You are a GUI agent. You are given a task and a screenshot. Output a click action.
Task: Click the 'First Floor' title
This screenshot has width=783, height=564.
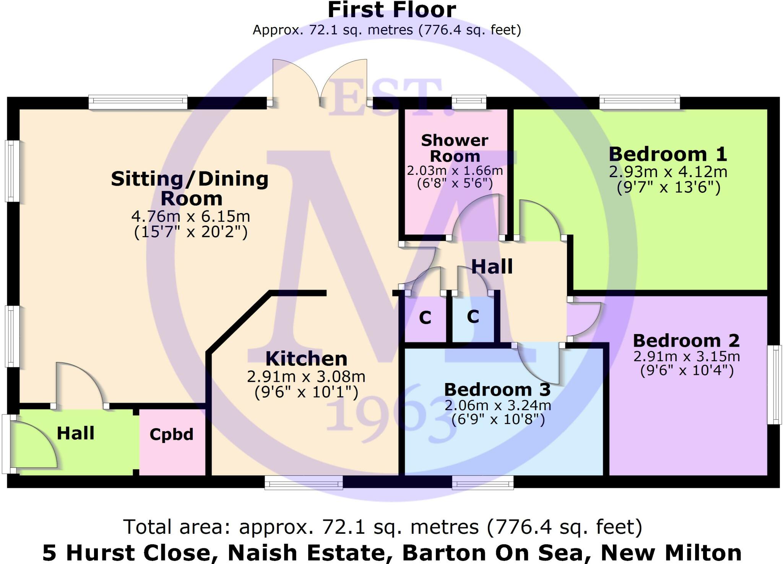click(x=391, y=10)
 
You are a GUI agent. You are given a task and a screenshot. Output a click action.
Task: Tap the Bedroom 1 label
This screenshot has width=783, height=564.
click(x=668, y=154)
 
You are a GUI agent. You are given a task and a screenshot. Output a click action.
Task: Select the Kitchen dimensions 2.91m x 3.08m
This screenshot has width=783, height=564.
click(x=306, y=377)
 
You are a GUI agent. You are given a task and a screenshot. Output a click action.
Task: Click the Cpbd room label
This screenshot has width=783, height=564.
click(x=171, y=434)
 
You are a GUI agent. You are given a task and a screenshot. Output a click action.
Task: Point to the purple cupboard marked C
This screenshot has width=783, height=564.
click(x=425, y=318)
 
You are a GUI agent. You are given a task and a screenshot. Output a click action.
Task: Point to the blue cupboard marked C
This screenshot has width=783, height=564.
click(x=473, y=317)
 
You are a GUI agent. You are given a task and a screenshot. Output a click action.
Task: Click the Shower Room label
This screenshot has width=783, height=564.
click(x=455, y=148)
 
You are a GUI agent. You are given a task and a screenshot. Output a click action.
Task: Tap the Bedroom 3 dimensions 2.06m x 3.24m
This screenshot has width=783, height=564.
click(x=497, y=405)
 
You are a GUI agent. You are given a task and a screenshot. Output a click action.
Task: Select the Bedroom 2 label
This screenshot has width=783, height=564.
click(x=686, y=341)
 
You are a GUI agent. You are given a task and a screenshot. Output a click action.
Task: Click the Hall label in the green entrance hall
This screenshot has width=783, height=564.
click(x=75, y=434)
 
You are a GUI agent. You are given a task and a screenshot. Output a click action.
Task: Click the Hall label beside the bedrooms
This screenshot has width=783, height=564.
click(x=492, y=267)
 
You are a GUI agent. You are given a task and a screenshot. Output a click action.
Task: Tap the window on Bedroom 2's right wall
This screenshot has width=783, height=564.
click(x=775, y=385)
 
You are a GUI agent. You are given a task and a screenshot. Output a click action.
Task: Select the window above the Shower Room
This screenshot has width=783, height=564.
click(x=469, y=102)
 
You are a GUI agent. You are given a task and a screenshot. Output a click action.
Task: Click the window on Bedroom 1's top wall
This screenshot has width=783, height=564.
click(x=639, y=102)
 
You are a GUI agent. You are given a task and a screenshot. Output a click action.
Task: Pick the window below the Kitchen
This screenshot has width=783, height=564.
click(x=304, y=482)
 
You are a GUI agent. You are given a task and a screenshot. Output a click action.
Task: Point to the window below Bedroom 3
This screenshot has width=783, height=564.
click(x=482, y=482)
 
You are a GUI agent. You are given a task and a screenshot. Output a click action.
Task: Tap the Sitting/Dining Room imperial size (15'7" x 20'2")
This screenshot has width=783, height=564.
click(x=191, y=232)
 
